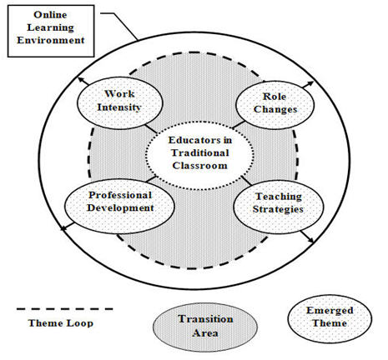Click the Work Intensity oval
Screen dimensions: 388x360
coord(119,102)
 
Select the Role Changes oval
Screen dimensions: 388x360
coord(275,105)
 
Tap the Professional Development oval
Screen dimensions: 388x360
coord(119,206)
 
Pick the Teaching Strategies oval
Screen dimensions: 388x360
coord(278,207)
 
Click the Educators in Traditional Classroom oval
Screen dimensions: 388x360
coord(199,156)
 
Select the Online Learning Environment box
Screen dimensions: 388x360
coord(51,31)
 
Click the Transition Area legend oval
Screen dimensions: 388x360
coord(205,327)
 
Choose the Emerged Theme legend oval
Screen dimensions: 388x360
coord(330,318)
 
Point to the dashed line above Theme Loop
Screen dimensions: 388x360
coord(65,308)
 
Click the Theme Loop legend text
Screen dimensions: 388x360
coord(61,323)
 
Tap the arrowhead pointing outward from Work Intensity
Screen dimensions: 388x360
coord(81,80)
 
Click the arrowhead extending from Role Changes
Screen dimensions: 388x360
coord(310,83)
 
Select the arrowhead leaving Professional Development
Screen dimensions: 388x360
coord(63,228)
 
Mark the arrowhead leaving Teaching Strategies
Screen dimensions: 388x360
coord(310,239)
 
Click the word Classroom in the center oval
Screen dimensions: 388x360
coord(199,166)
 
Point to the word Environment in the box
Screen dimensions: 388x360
coord(51,40)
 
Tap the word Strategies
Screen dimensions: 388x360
coord(278,209)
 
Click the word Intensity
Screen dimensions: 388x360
coord(119,107)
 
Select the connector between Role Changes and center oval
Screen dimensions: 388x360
coord(239,125)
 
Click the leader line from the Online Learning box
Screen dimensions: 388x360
coord(119,27)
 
